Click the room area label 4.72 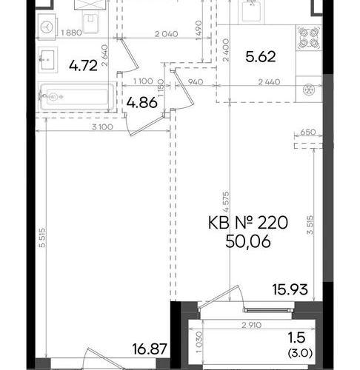83,66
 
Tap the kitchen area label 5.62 261,56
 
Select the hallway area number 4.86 141,102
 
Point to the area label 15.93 290,289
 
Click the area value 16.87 150,349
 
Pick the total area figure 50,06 248,241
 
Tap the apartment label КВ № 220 248,223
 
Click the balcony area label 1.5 297,337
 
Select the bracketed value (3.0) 300,354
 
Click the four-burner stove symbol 309,38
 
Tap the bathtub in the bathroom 77,97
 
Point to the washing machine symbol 47,27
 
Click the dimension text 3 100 102,127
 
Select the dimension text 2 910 251,325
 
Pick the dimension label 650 308,132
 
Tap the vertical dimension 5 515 42,238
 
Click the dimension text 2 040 167,34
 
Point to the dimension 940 196,81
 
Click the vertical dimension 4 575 226,202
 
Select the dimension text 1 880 71,33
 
